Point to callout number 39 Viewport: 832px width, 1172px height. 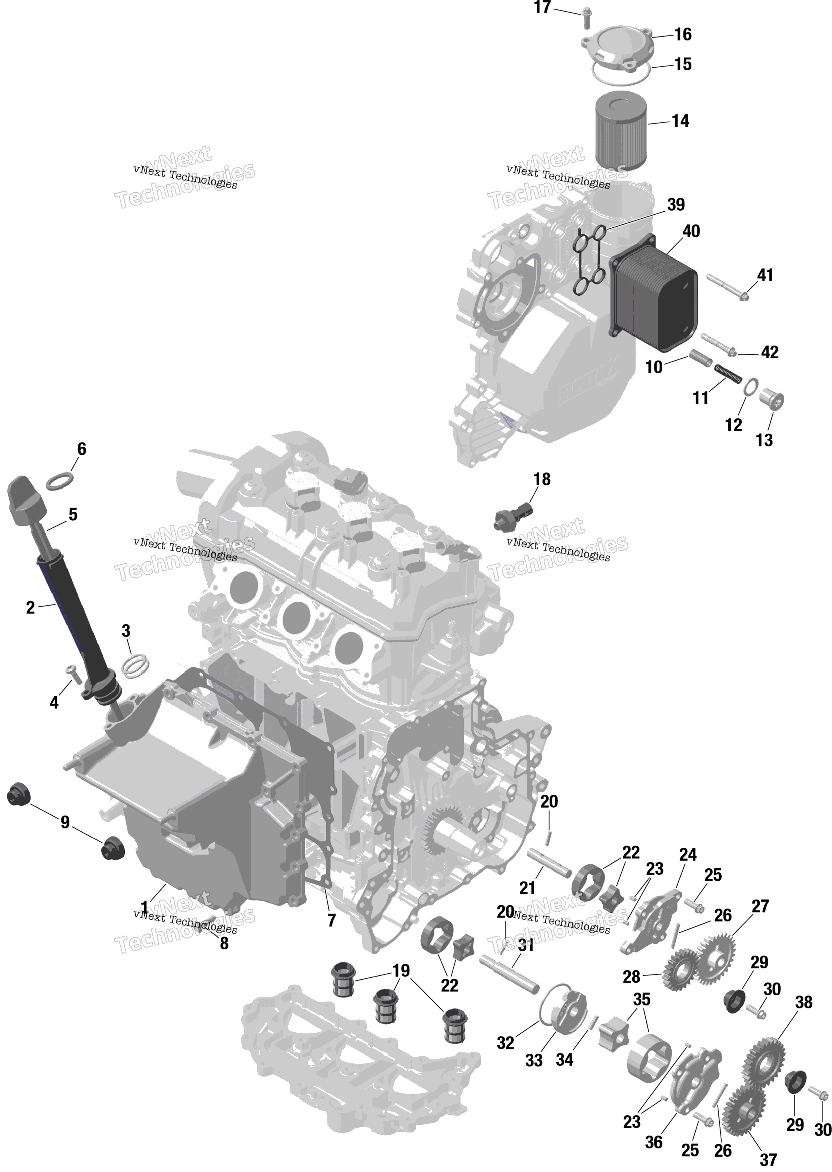pyautogui.click(x=676, y=205)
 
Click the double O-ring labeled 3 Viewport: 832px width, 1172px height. pyautogui.click(x=136, y=664)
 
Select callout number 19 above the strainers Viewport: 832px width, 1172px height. pyautogui.click(x=401, y=971)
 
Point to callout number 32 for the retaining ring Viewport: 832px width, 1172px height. pyautogui.click(x=505, y=1042)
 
